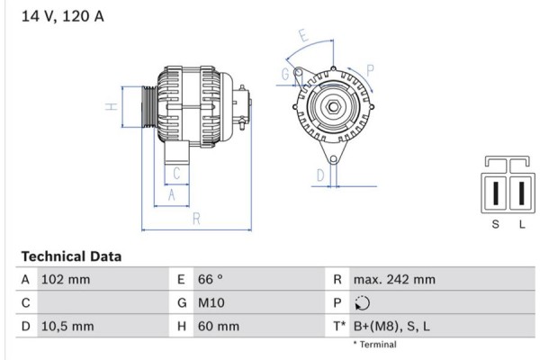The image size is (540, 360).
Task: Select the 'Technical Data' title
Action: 71,256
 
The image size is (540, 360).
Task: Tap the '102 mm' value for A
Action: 66,280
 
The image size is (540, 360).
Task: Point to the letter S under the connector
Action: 495,224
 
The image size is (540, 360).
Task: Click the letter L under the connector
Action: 521,224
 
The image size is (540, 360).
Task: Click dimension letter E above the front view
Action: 303,37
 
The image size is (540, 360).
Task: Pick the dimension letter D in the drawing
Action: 319,175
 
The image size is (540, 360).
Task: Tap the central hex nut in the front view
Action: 332,108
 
